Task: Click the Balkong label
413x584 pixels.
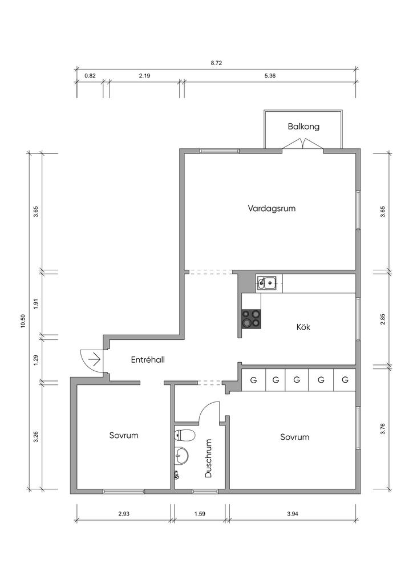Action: [x=303, y=127]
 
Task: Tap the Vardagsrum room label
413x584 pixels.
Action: [x=272, y=208]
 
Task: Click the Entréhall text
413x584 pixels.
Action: [x=148, y=360]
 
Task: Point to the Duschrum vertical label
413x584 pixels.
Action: [x=208, y=458]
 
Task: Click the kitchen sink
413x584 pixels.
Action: [x=266, y=282]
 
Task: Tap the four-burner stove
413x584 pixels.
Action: [x=252, y=319]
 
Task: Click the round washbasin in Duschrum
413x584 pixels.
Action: [x=182, y=456]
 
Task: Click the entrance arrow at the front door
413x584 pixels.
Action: [x=94, y=359]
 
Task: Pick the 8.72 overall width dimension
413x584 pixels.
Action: [x=216, y=63]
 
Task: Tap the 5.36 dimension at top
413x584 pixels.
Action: [x=270, y=76]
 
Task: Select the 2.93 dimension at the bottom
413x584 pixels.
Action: [x=124, y=514]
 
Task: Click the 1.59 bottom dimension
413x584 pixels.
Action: [x=200, y=514]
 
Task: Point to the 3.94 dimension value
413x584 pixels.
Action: [x=293, y=514]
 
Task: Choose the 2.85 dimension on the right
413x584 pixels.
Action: [x=383, y=319]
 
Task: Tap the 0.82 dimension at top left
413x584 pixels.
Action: [x=90, y=76]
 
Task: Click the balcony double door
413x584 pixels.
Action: [x=302, y=147]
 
